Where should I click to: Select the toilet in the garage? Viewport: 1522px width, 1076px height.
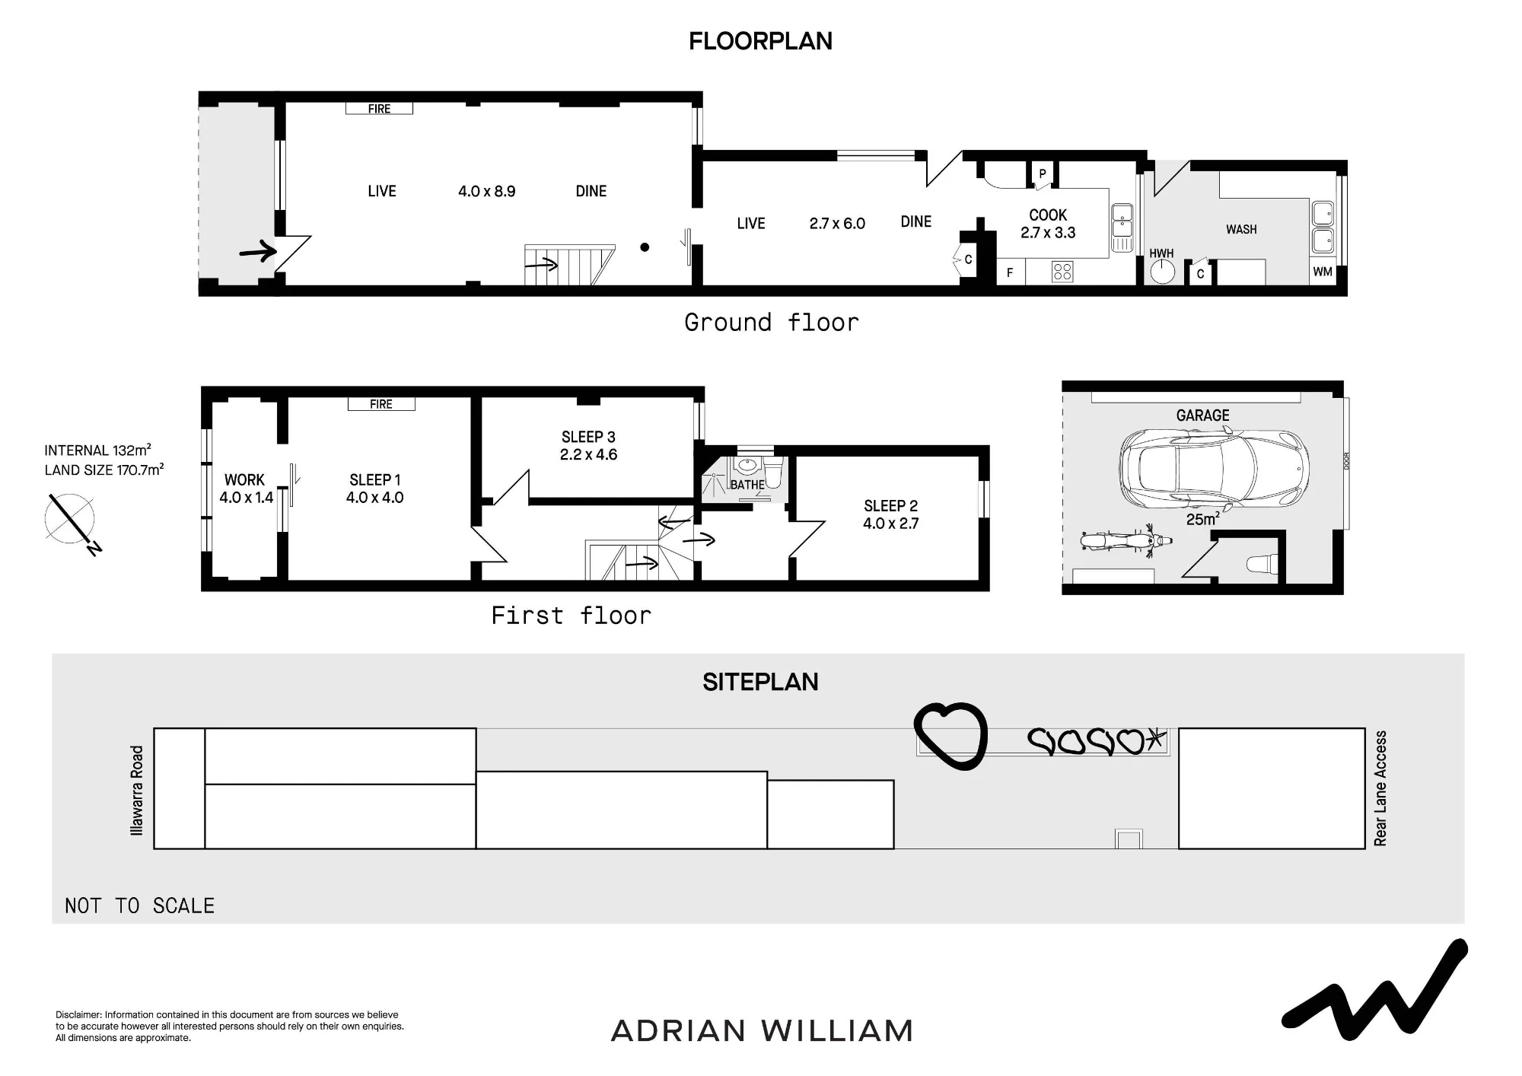(1262, 564)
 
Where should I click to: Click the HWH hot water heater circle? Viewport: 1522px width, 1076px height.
(1162, 272)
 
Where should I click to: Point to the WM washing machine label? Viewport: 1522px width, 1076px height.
(1323, 272)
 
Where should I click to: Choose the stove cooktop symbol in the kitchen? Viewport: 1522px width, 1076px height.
(1063, 272)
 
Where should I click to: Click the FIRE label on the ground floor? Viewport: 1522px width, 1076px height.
(379, 109)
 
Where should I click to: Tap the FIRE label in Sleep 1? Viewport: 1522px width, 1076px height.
(381, 404)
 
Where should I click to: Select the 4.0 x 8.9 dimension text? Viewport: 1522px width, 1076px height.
(486, 191)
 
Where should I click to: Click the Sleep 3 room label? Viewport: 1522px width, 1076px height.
(588, 437)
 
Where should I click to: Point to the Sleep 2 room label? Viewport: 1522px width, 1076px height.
(890, 506)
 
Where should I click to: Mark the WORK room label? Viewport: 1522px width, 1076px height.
(244, 480)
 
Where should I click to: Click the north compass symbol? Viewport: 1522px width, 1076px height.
(72, 522)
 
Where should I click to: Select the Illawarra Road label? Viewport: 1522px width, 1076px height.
(137, 791)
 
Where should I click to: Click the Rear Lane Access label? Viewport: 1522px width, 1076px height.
(1380, 788)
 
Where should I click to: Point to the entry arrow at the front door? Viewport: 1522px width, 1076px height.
(257, 251)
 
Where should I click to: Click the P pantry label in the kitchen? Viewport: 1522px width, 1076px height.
(1043, 173)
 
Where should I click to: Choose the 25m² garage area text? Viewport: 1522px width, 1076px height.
(1203, 519)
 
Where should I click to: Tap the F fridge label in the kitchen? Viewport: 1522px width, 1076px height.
(1010, 272)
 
